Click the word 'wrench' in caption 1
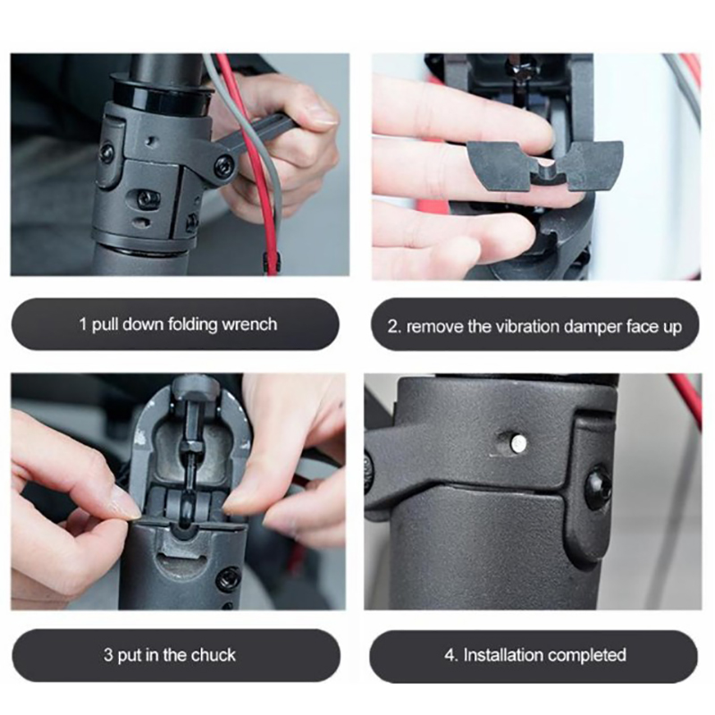coord(249,324)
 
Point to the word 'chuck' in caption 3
coord(214,655)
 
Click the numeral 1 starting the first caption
coord(82,324)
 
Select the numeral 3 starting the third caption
coord(107,655)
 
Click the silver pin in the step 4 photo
coord(518,441)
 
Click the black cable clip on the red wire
coord(271,262)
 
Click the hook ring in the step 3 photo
coord(188,505)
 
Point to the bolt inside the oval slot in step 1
coord(148,198)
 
